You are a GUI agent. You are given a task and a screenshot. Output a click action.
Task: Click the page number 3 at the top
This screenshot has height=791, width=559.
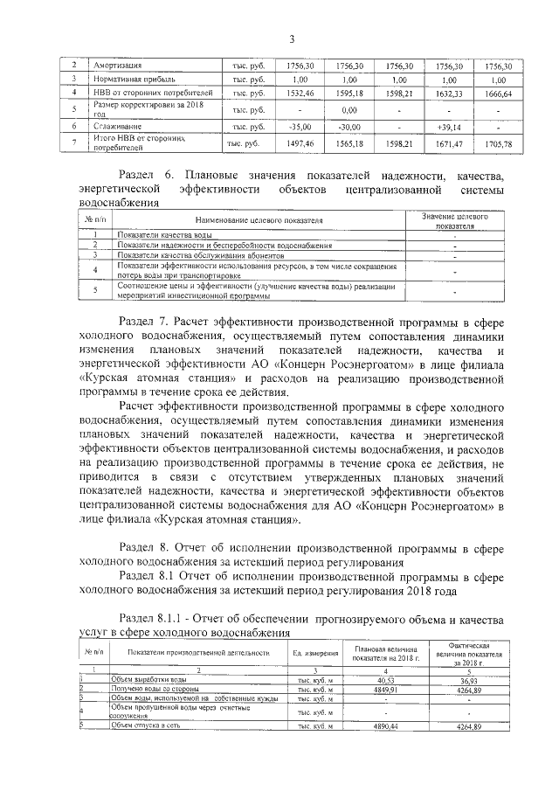tap(293, 38)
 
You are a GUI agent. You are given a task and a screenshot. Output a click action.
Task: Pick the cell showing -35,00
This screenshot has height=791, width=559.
tap(300, 127)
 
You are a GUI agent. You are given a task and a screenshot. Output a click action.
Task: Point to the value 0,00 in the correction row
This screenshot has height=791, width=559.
tap(349, 110)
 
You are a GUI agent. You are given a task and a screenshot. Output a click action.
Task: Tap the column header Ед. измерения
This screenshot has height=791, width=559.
tap(315, 652)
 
